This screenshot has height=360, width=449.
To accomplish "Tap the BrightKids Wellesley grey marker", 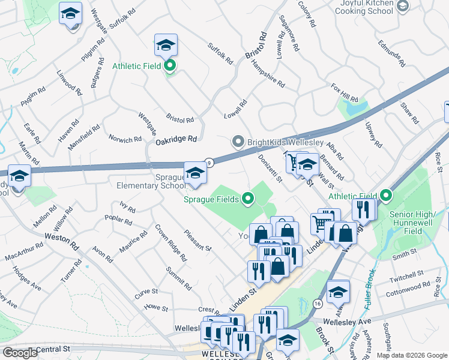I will (238, 142).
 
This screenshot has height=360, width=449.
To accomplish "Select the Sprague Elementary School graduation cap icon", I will (195, 173).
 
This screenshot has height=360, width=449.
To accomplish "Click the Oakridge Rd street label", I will (176, 139).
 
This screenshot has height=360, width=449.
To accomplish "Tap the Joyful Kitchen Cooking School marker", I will (402, 6).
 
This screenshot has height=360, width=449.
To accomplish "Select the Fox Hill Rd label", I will (345, 92).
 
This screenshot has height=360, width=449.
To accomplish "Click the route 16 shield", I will (317, 304).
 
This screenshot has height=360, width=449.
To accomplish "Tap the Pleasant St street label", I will (198, 241).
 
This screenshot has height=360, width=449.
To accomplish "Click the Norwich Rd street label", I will (125, 139).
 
